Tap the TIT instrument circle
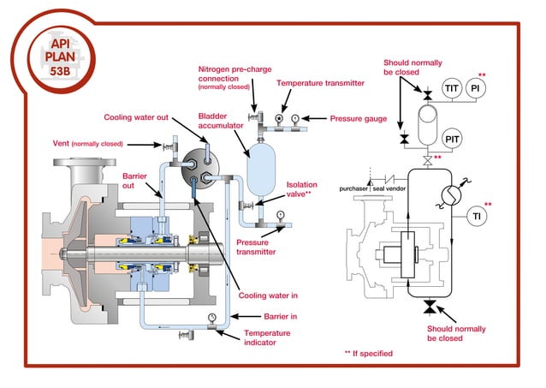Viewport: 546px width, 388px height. [x=451, y=88]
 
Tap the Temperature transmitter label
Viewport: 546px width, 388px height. [x=320, y=83]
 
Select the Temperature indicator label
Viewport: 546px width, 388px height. [x=266, y=338]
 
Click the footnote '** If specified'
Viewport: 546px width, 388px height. [x=371, y=353]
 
